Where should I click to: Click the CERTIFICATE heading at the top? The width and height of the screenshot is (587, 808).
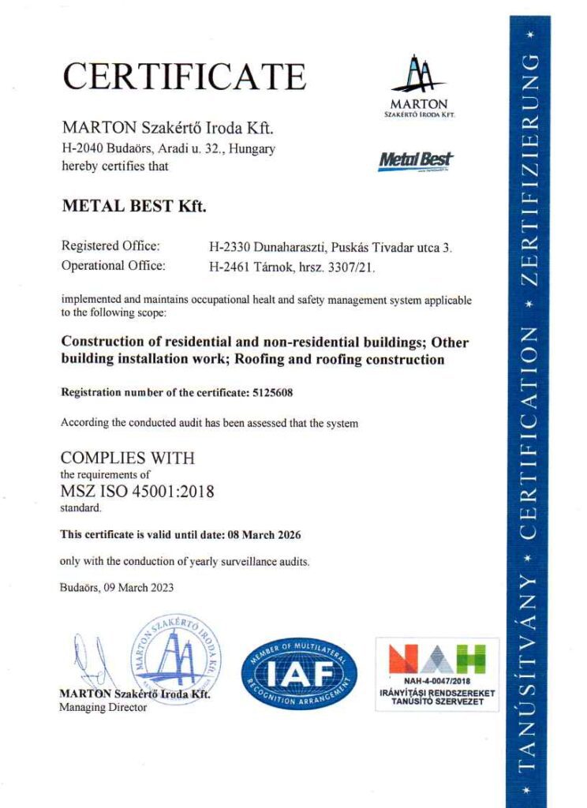183,77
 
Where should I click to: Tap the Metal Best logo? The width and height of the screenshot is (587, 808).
416,161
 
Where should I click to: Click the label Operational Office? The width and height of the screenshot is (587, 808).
113,266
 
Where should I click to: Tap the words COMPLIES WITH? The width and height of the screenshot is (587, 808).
127,458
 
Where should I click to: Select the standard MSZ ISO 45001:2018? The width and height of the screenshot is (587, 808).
137,492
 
